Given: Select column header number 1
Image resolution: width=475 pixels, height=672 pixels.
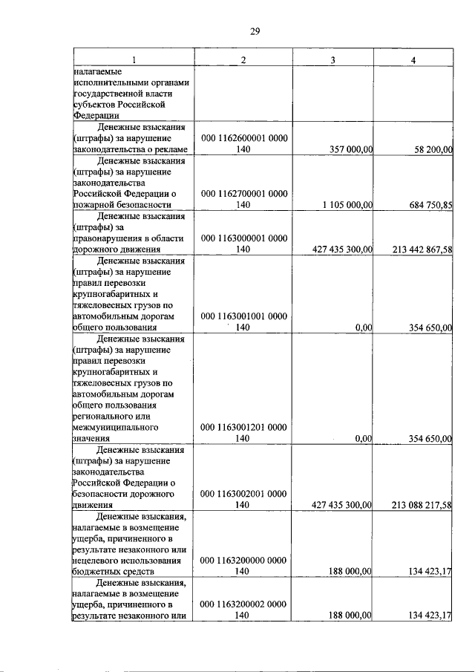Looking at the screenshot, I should [x=134, y=59].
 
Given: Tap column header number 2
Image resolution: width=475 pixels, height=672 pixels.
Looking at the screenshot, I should [x=243, y=59].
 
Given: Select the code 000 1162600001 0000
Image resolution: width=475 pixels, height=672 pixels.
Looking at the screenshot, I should [x=243, y=139].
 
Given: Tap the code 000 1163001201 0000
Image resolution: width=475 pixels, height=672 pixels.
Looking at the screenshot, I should [x=243, y=428].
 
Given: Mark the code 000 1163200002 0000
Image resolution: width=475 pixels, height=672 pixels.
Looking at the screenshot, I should [x=243, y=604].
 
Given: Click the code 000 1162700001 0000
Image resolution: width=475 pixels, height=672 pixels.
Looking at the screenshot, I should [x=243, y=193].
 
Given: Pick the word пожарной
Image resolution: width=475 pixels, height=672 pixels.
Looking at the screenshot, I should [x=94, y=204].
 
